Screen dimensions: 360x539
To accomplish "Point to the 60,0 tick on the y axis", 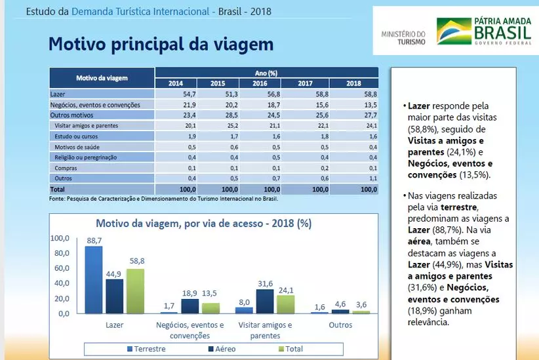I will point(60,268).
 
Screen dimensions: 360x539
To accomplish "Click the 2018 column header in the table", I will point(354,83).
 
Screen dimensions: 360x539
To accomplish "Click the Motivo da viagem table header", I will point(102,78).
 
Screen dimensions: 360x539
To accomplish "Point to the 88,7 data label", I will point(94,241).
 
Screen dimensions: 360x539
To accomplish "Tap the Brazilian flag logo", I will point(454,31).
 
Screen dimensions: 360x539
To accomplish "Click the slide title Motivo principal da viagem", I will point(161,45).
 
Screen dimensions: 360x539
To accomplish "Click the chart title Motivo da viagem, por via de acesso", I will point(203,222).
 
